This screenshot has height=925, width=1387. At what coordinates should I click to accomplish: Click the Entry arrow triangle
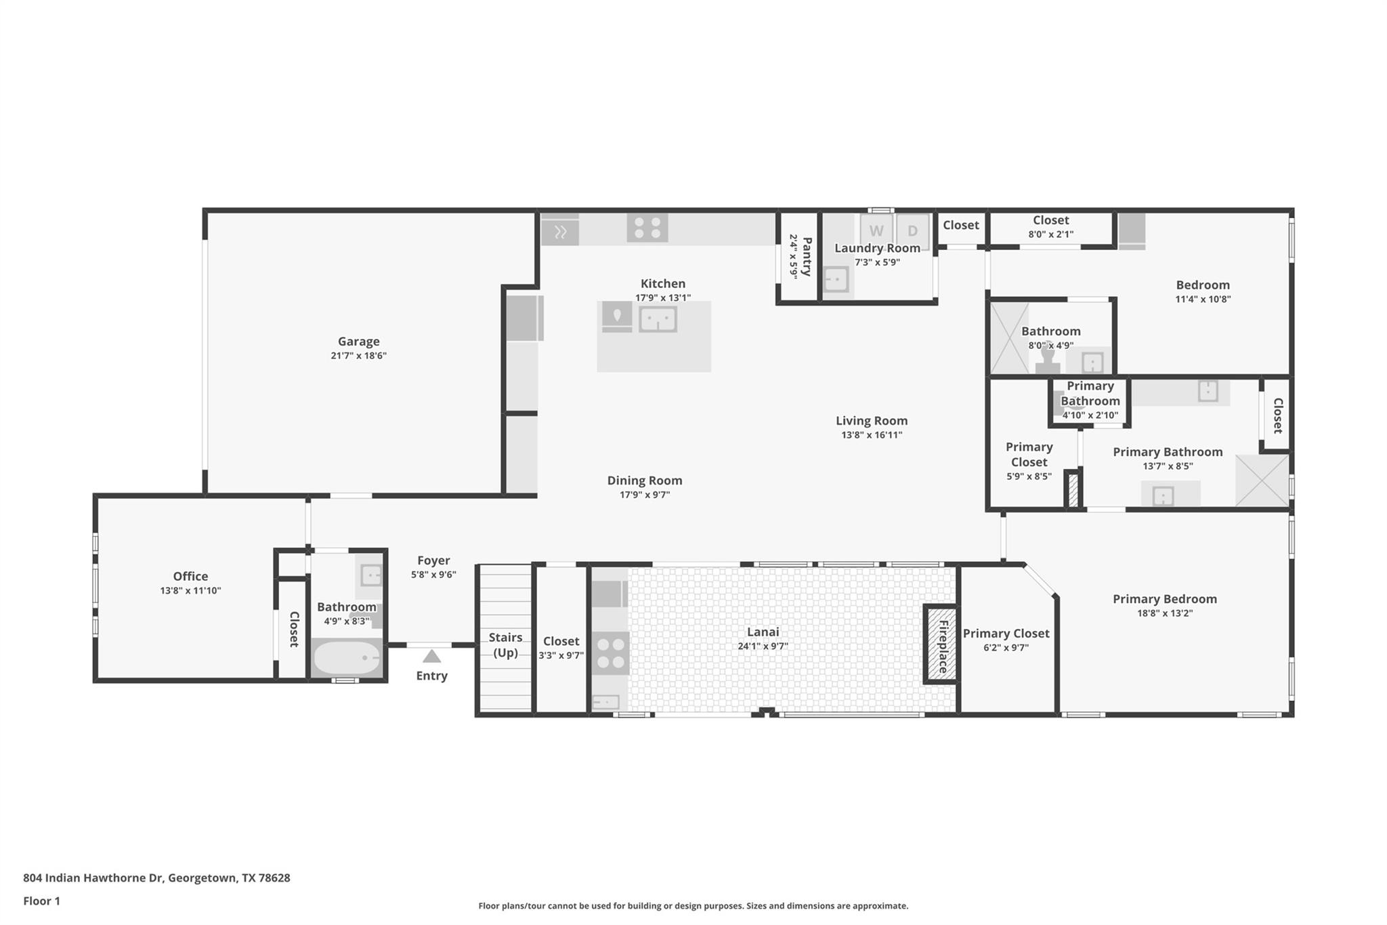(x=431, y=656)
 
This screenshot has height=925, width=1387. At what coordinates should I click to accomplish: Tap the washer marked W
(x=876, y=230)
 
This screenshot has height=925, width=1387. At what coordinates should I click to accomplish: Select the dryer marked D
(x=912, y=230)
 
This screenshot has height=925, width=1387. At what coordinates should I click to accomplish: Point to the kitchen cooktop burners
(x=647, y=228)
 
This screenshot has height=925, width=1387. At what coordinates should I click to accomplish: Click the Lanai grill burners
(x=610, y=653)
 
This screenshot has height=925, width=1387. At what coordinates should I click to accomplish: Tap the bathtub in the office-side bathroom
(x=347, y=658)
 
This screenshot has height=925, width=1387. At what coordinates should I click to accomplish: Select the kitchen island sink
(x=658, y=319)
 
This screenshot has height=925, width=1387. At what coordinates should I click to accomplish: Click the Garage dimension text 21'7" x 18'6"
(x=358, y=356)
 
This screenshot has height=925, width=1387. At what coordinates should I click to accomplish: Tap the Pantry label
(x=806, y=256)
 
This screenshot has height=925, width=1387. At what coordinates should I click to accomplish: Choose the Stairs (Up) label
(x=505, y=645)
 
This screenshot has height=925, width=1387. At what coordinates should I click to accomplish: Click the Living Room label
(x=871, y=421)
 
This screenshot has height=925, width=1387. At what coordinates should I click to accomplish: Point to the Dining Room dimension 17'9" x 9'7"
(x=645, y=495)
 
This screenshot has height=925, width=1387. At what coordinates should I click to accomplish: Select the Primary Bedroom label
(x=1164, y=599)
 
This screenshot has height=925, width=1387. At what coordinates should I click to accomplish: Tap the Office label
(x=190, y=577)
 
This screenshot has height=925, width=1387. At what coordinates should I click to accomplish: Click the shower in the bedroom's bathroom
(x=1009, y=338)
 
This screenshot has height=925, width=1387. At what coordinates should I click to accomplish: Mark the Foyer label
(x=433, y=560)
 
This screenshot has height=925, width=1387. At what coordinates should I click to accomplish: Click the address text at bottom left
(x=156, y=878)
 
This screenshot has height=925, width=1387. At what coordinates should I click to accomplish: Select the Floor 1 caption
(x=41, y=901)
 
